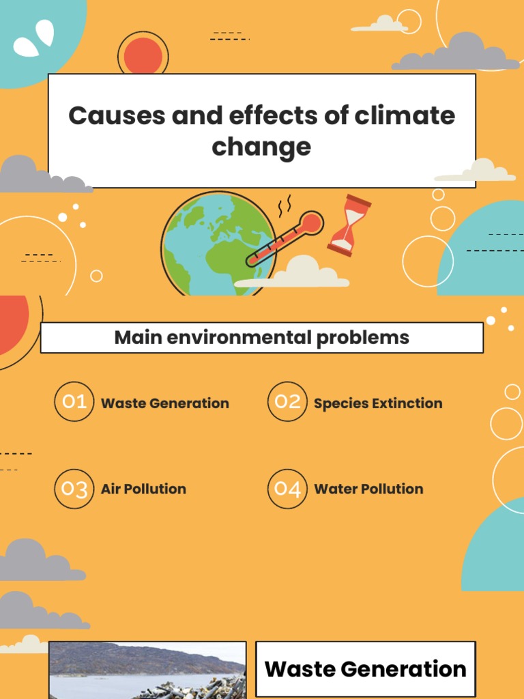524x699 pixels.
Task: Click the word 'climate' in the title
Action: point(405,116)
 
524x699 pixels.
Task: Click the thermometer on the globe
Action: point(287,239)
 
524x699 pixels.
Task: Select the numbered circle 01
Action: point(74,401)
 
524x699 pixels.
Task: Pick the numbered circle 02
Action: point(287,401)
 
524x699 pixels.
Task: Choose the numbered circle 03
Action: point(74,489)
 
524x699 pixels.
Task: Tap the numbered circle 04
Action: point(287,489)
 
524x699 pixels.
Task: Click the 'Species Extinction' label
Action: point(378,403)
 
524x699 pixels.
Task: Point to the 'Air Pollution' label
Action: point(143,489)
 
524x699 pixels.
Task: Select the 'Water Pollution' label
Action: point(368,489)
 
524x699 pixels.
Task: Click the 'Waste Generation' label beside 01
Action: point(165,403)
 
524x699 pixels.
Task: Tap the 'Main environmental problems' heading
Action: point(262,337)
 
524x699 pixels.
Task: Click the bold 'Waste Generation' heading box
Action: point(365,669)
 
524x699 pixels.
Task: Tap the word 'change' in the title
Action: point(261,147)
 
